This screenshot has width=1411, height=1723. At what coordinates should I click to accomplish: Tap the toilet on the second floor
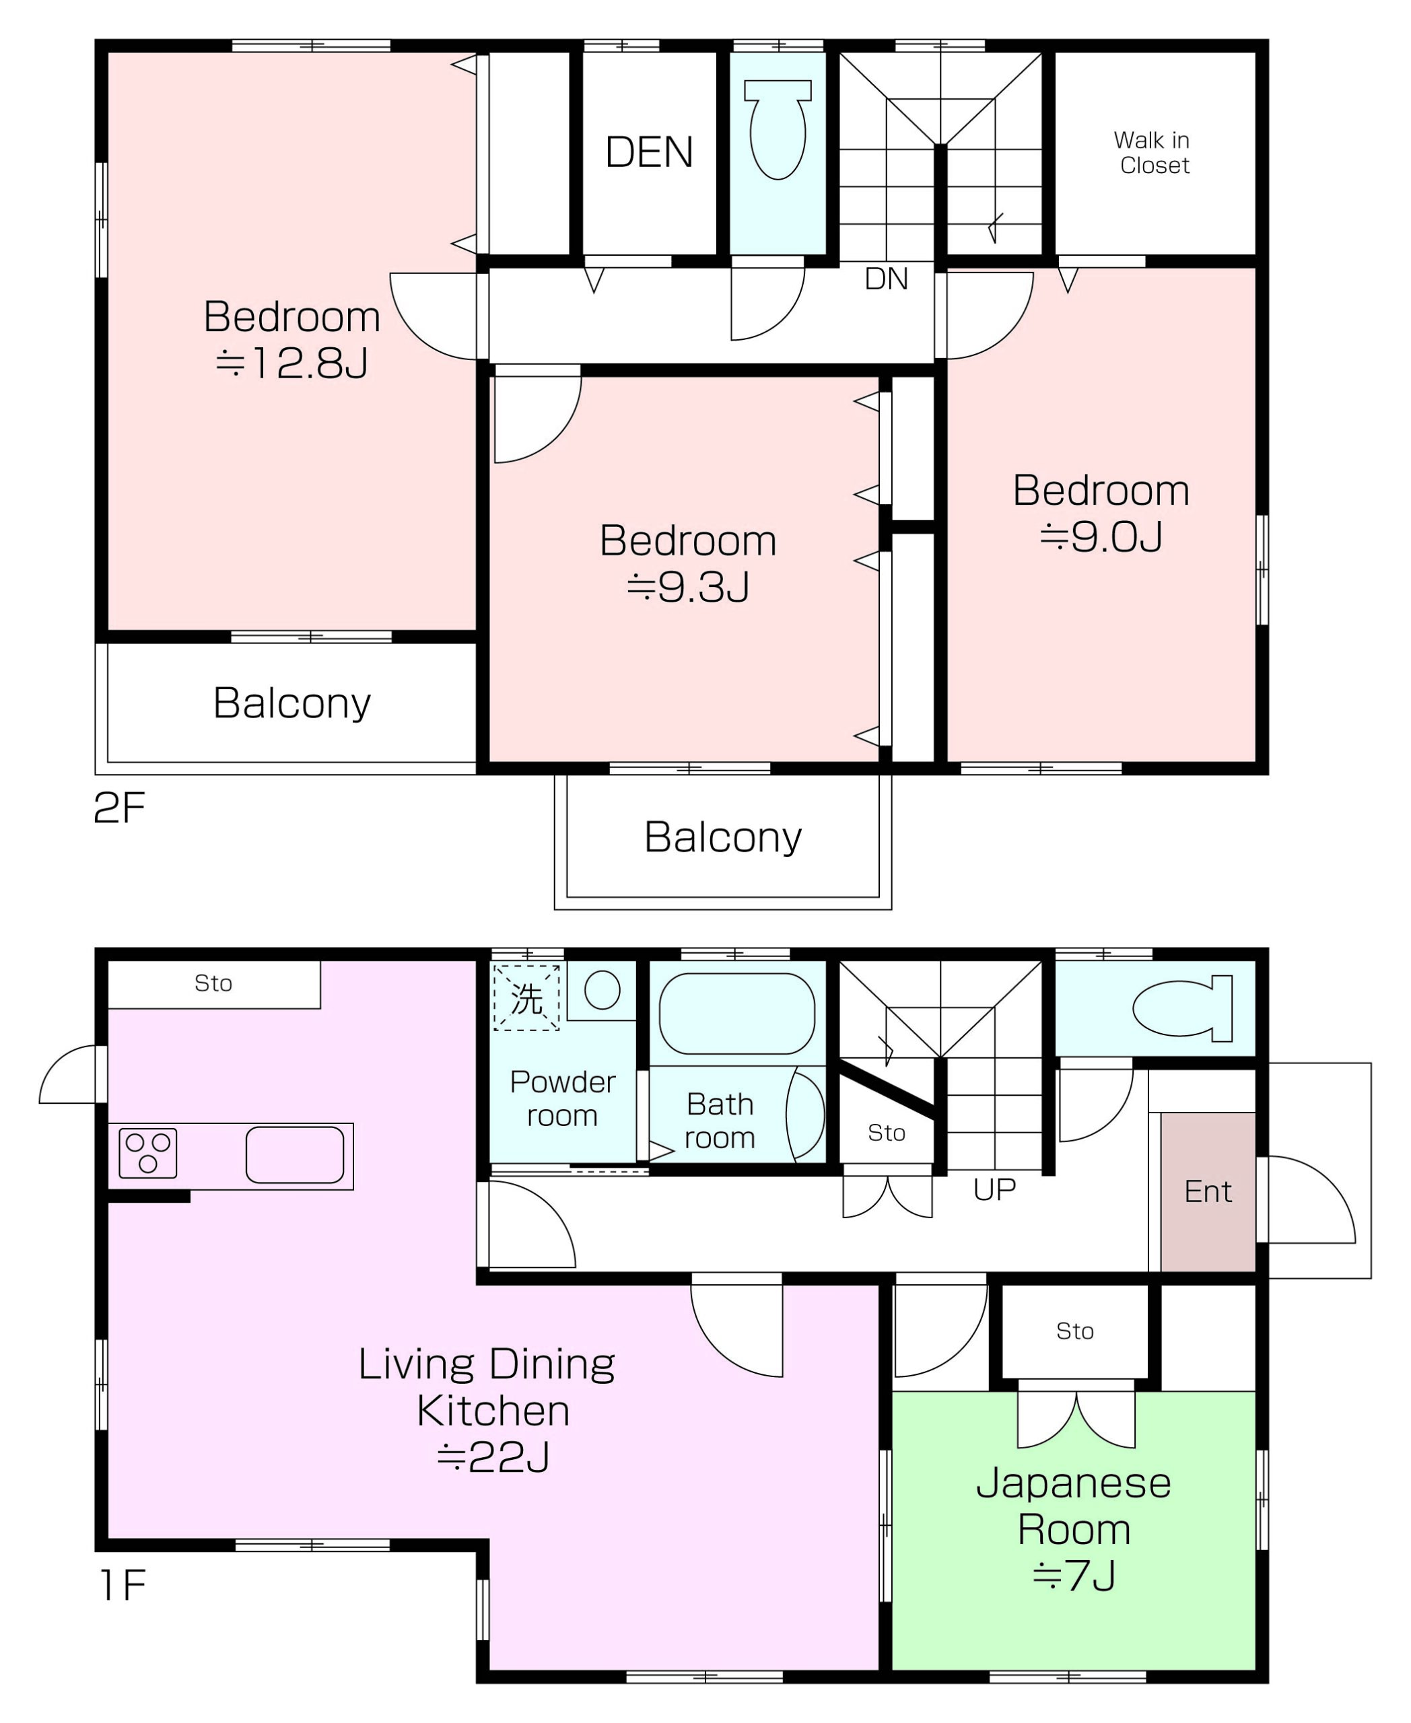778,129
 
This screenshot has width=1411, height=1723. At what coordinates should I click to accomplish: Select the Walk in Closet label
1152,153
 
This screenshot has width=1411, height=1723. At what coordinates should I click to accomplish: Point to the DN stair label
886,279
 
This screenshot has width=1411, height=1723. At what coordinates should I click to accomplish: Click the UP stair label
994,1189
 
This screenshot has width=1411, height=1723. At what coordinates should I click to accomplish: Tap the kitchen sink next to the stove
295,1154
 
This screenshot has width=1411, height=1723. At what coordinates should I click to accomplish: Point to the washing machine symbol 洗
526,998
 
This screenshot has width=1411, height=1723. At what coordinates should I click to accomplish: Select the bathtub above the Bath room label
737,1014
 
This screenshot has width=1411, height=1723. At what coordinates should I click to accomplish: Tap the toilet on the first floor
1183,1009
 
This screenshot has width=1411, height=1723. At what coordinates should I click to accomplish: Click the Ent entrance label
1208,1191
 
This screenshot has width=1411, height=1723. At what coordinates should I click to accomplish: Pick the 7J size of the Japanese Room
1074,1576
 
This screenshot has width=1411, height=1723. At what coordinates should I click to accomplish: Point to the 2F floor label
119,808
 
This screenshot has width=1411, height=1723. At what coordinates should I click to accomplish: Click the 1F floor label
123,1585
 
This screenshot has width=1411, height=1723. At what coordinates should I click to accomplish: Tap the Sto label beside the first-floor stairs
886,1133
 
